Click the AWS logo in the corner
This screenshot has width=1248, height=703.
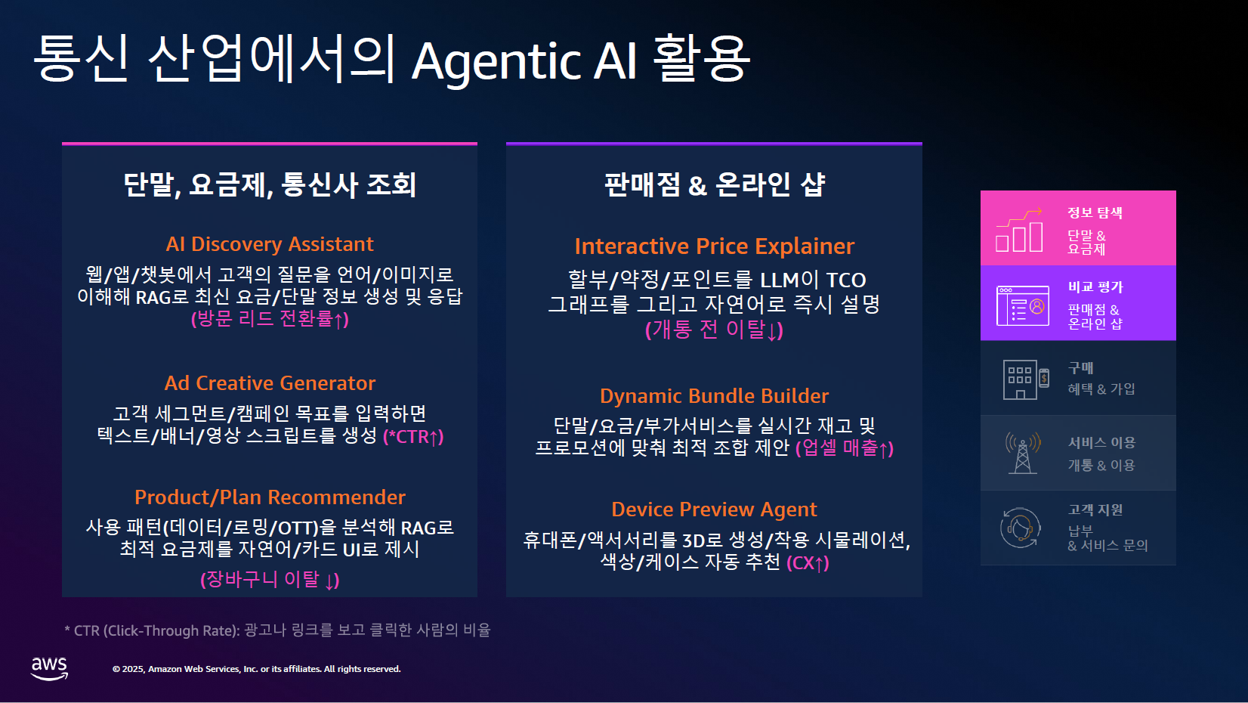coord(49,668)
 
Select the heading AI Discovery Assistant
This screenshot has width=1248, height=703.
coord(270,244)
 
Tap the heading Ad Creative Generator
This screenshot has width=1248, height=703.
coord(270,383)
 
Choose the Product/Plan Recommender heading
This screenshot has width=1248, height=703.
coord(270,497)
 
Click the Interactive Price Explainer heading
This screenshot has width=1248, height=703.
coord(714,246)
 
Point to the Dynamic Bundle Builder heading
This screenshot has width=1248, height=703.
coord(714,396)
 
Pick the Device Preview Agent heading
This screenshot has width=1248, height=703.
coord(714,509)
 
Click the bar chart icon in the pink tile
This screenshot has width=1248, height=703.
coord(1019,231)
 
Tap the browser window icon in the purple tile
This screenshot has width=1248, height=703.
coord(1022,305)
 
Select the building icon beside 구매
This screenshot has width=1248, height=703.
coord(1026,379)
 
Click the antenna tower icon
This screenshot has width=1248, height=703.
coord(1022,454)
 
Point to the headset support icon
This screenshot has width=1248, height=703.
coord(1020,528)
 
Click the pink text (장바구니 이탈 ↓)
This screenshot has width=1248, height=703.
coord(270,579)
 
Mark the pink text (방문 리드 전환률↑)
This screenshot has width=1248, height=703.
coord(270,319)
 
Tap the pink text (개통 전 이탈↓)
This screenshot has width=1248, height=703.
coord(714,330)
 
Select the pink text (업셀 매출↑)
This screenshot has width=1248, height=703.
coord(845,448)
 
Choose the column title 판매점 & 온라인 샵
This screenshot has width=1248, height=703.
coord(714,184)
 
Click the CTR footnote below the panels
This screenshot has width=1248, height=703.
coord(277,630)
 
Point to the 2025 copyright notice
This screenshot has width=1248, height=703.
coord(256,669)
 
